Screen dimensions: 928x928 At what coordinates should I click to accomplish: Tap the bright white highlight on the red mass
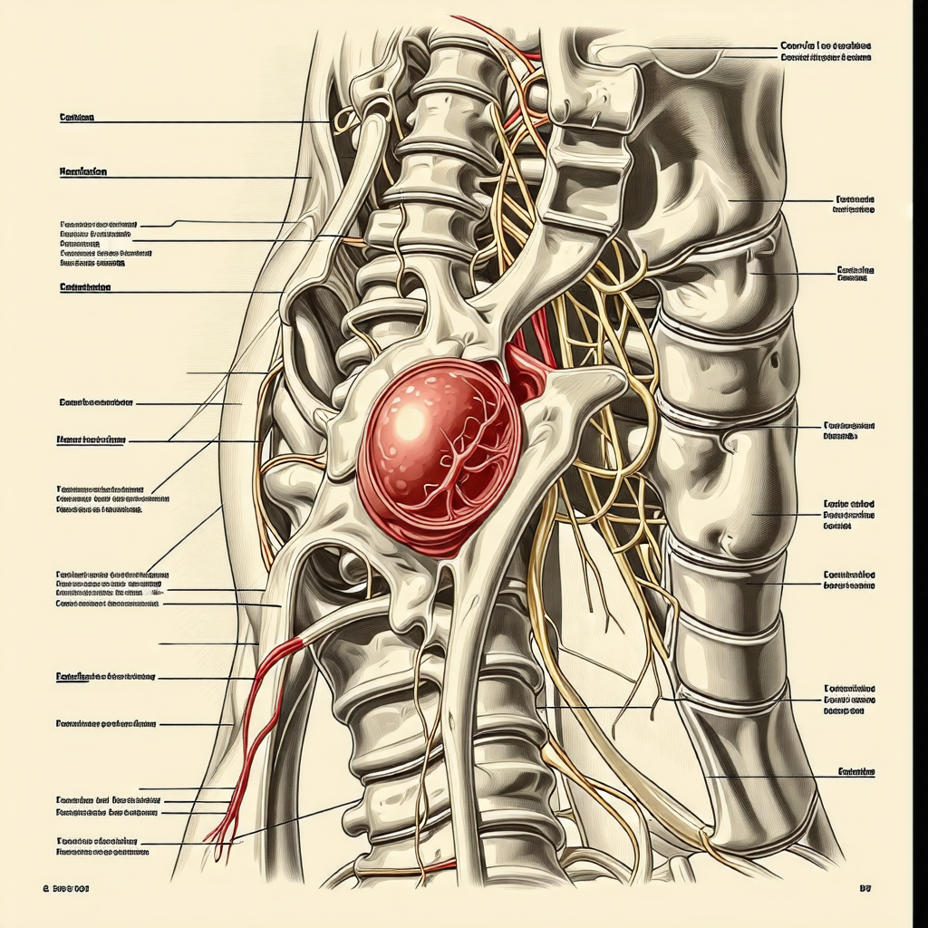410,420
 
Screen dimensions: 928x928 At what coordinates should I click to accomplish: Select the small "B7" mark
864,890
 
